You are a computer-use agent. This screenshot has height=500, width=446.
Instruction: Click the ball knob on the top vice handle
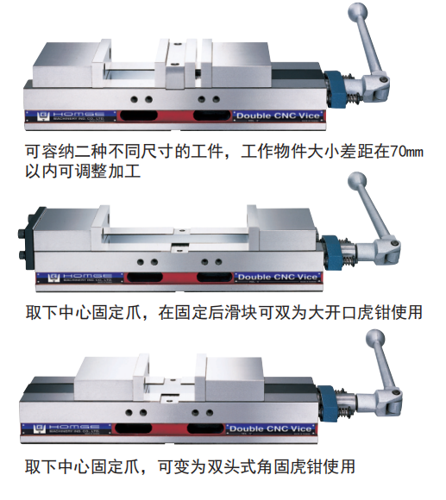357,12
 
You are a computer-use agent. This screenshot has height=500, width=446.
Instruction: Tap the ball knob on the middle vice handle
357,181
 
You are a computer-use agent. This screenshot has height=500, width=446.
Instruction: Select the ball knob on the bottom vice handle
375,339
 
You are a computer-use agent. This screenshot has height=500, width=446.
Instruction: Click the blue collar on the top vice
335,90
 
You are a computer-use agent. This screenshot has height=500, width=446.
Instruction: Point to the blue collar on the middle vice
332,253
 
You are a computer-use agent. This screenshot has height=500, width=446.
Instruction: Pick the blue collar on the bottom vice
328,403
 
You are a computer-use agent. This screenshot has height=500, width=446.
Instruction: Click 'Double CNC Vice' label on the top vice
278,116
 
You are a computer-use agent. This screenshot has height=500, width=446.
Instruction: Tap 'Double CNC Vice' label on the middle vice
278,277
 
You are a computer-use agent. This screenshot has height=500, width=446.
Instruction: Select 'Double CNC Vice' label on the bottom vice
270,428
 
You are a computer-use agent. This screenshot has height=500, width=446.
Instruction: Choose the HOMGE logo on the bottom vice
66,429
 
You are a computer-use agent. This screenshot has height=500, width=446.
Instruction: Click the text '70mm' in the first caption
406,151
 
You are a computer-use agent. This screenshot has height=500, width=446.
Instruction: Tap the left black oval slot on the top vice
140,116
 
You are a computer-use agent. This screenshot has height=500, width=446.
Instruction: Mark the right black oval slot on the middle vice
215,277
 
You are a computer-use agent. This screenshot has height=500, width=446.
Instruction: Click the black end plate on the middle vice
30,238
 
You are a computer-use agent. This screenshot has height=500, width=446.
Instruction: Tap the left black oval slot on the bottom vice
134,428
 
